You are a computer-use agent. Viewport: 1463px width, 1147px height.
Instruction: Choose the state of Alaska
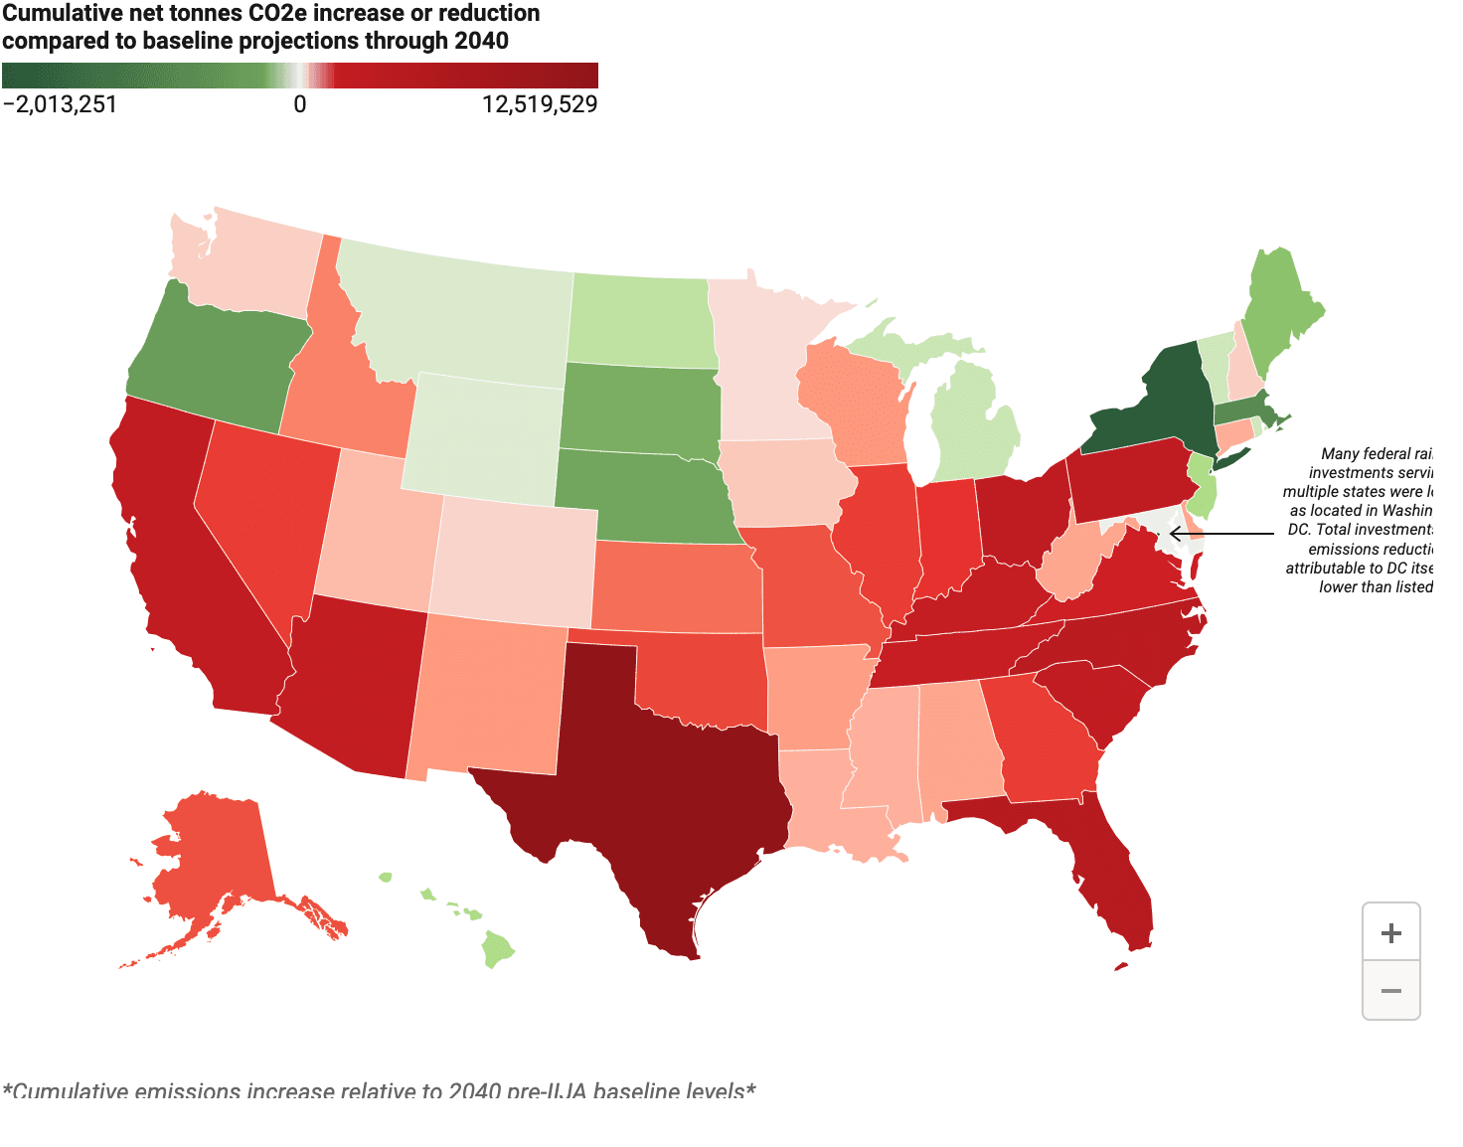coord(214,855)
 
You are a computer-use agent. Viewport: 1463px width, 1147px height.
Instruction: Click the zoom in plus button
coord(1390,933)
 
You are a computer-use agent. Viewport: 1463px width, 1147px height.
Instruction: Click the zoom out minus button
coord(1390,991)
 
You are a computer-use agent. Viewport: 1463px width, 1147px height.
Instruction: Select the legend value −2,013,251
coord(60,104)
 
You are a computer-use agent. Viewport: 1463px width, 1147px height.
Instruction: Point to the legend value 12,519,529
coord(540,104)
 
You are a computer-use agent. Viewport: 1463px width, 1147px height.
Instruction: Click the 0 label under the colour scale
coord(300,104)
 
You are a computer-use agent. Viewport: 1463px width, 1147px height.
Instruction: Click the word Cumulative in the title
coord(62,14)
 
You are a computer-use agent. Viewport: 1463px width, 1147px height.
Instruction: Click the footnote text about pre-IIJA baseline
coord(379,1090)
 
